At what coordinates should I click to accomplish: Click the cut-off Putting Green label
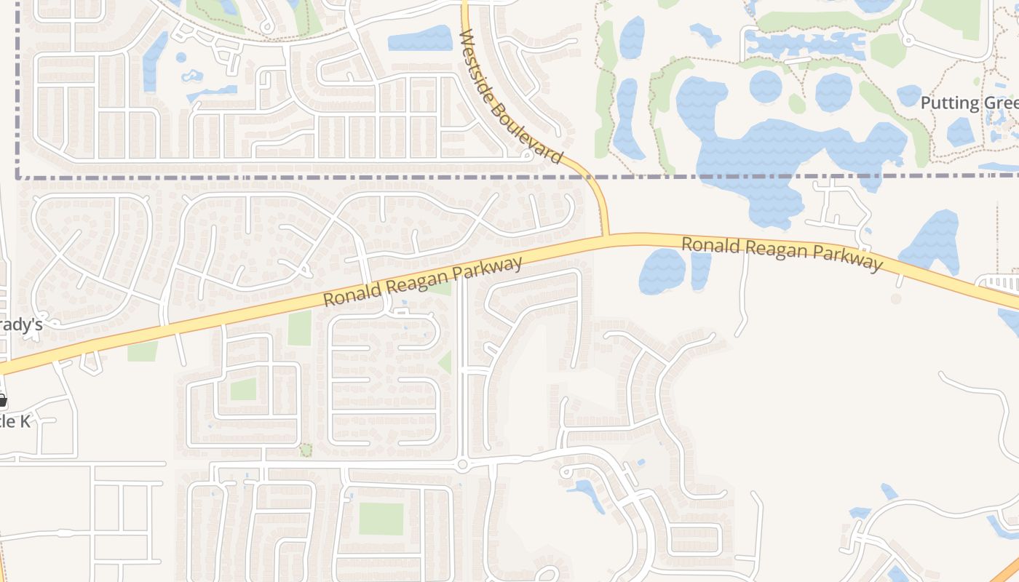[969, 103]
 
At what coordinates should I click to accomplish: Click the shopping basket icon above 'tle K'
[2, 400]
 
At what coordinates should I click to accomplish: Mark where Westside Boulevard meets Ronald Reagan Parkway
[606, 236]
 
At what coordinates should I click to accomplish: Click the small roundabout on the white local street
[462, 464]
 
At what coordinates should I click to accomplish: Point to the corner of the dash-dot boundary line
[17, 176]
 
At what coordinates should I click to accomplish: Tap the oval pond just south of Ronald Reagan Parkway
[662, 271]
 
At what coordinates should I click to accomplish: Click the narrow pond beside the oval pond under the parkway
[700, 269]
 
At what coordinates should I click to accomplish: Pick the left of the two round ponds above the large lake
[765, 87]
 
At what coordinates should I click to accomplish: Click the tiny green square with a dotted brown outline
[306, 450]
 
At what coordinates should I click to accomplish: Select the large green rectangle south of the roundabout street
[381, 519]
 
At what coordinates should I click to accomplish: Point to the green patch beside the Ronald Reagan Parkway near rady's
[142, 351]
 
